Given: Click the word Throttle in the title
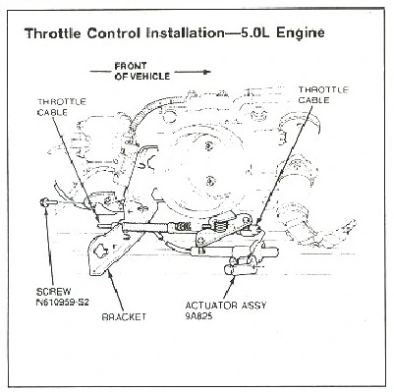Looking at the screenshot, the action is [53, 33].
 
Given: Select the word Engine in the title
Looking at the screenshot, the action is [301, 33].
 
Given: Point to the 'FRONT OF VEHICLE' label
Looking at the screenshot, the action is [141, 71].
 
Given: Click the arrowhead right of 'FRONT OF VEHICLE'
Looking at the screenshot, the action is [206, 72].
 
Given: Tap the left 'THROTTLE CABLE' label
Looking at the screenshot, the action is [62, 107].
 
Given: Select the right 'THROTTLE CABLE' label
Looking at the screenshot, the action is [323, 94].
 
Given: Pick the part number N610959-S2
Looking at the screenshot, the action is [62, 302].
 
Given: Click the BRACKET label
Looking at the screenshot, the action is [124, 317].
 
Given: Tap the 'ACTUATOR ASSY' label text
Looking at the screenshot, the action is [226, 306].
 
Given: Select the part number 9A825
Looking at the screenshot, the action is [198, 316].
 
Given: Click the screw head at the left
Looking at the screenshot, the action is [43, 202].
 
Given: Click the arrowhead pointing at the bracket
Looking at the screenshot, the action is [109, 275].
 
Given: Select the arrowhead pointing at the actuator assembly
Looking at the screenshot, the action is [234, 278].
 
